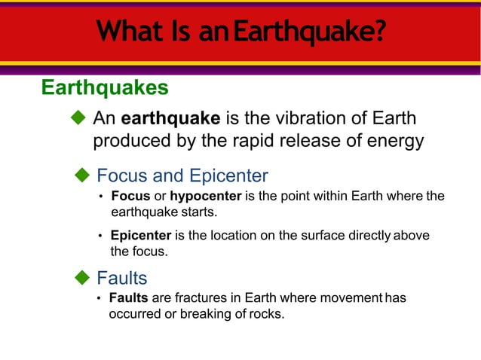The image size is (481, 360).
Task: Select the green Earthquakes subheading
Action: click(x=104, y=88)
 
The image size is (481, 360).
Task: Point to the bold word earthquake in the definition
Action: click(x=170, y=119)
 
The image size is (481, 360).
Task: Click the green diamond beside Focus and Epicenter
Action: click(x=82, y=175)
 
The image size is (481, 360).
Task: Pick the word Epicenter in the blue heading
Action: click(x=228, y=176)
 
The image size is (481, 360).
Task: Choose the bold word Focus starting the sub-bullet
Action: click(x=130, y=197)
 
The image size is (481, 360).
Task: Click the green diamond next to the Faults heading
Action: click(x=82, y=278)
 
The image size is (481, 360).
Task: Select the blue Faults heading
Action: click(x=122, y=279)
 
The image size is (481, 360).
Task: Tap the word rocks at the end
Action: click(x=267, y=313)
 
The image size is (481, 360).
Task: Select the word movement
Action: click(x=350, y=297)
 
